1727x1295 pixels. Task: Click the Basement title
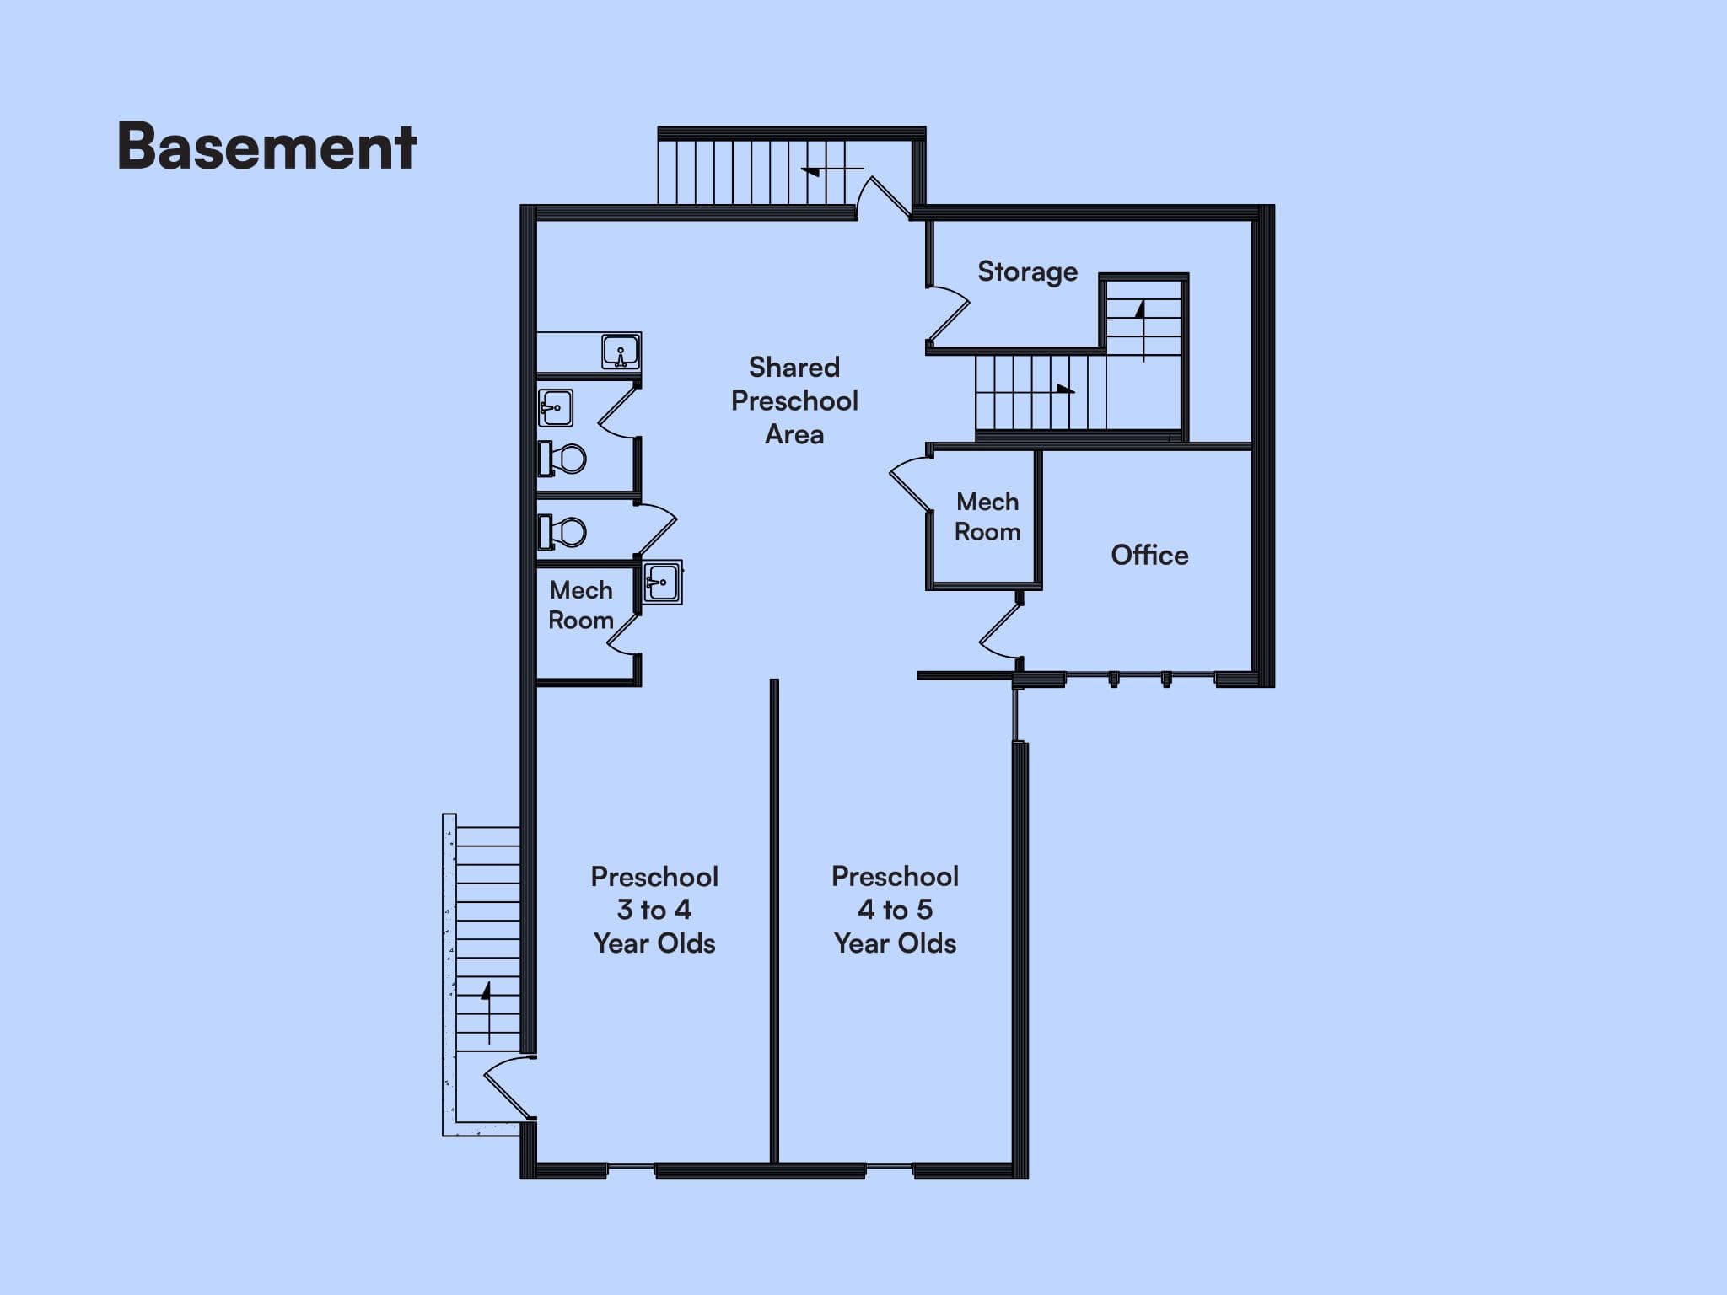(x=266, y=147)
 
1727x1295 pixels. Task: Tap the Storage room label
(x=1027, y=271)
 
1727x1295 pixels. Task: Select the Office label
(x=1149, y=555)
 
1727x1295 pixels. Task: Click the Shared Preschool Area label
(x=794, y=400)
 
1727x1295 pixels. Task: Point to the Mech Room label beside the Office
(x=987, y=517)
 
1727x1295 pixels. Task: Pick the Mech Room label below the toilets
(x=581, y=605)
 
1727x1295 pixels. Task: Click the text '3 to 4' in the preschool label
(x=654, y=910)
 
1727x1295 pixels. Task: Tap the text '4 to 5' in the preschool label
(x=895, y=910)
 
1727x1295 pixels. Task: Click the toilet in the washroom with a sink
(x=562, y=459)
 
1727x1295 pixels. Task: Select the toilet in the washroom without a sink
(x=562, y=532)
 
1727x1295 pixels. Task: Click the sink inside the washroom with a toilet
(x=556, y=408)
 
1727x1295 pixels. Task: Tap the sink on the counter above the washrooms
(x=621, y=352)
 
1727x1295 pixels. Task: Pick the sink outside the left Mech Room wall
(x=663, y=583)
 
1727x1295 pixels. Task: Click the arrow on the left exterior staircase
(x=487, y=1013)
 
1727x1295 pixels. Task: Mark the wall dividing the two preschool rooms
(x=774, y=922)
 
